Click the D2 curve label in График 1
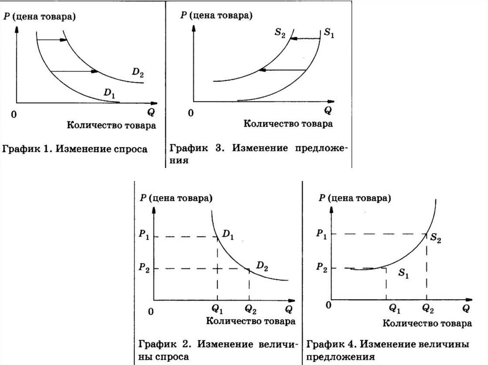coord(138,73)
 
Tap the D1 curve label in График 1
coord(109,93)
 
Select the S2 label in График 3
coord(280,35)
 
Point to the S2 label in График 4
coord(436,238)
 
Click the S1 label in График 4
coord(404,274)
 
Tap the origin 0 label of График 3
coord(191,113)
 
